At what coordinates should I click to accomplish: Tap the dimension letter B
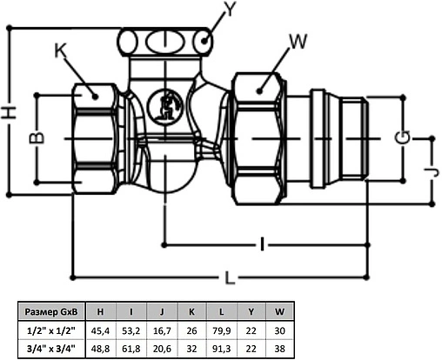pos(37,138)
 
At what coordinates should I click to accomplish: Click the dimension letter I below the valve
pos(260,245)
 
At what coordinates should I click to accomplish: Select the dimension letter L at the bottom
pos(229,278)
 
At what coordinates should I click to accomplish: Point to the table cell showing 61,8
pos(131,349)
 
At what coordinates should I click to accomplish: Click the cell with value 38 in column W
pos(279,349)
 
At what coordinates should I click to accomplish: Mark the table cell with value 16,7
pos(161,330)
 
